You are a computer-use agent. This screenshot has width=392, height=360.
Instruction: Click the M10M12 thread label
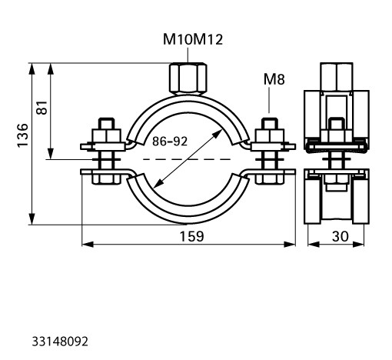tap(193, 40)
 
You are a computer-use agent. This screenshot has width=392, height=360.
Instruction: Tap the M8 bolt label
tap(274, 79)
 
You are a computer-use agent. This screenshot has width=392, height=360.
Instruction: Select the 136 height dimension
tap(22, 135)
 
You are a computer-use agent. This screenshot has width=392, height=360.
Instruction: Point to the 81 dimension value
tap(42, 108)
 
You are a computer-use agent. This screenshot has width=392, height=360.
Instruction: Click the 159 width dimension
tap(191, 236)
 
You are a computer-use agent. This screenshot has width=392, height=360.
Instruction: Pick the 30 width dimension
tap(341, 236)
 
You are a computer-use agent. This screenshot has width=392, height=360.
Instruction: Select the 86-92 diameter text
tap(170, 142)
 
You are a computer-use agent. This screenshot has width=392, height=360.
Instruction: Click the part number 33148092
tap(60, 342)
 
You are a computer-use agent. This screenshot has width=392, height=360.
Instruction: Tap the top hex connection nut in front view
tap(188, 78)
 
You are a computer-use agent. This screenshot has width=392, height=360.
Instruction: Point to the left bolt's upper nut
tap(106, 136)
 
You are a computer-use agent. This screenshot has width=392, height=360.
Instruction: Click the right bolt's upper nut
tap(270, 136)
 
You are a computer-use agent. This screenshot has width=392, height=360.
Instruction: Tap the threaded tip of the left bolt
tap(106, 124)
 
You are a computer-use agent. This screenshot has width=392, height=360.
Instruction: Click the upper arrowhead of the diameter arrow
tap(218, 133)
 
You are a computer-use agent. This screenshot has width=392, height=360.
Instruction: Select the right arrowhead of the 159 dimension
tap(290, 245)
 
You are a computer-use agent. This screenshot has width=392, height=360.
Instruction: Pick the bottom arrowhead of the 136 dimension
tap(32, 219)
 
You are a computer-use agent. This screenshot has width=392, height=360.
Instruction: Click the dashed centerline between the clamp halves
tap(187, 159)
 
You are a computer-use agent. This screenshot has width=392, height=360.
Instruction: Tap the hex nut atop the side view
tap(337, 77)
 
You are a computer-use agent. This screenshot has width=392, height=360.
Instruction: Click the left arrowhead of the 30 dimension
tap(314, 245)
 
